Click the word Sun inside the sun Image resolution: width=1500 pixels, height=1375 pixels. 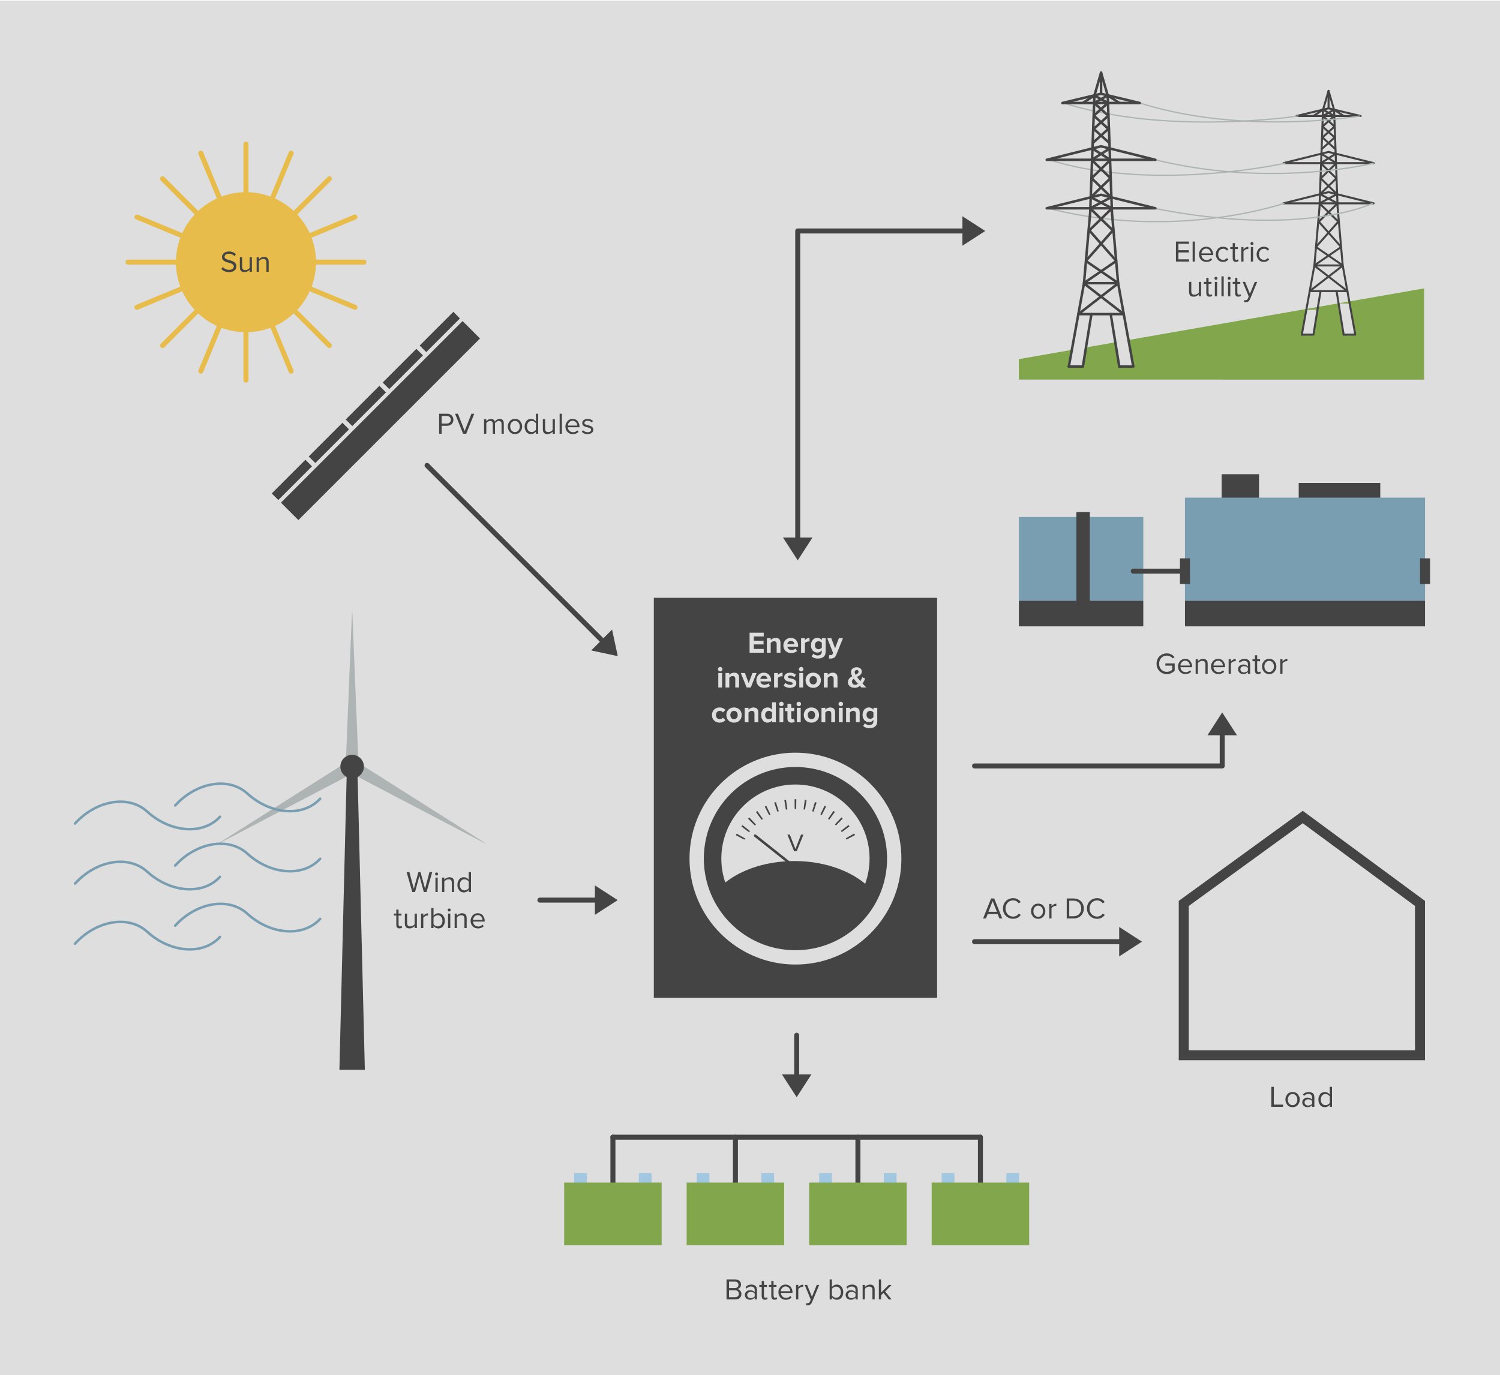coord(245,263)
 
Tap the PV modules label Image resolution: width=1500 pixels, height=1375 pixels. coord(515,425)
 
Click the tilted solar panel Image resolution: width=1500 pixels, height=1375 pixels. coord(376,415)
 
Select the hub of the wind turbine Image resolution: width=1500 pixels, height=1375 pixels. coord(352,765)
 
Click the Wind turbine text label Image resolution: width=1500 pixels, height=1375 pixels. coord(439,900)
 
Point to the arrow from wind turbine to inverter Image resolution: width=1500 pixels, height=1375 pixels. coord(577,900)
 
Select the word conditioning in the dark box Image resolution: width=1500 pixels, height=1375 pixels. coord(794,713)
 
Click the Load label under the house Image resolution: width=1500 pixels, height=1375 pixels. coord(1301,1097)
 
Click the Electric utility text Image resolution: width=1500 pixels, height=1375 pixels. coord(1222,269)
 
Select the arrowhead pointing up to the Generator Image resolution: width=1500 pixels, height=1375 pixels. coord(1222,725)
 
